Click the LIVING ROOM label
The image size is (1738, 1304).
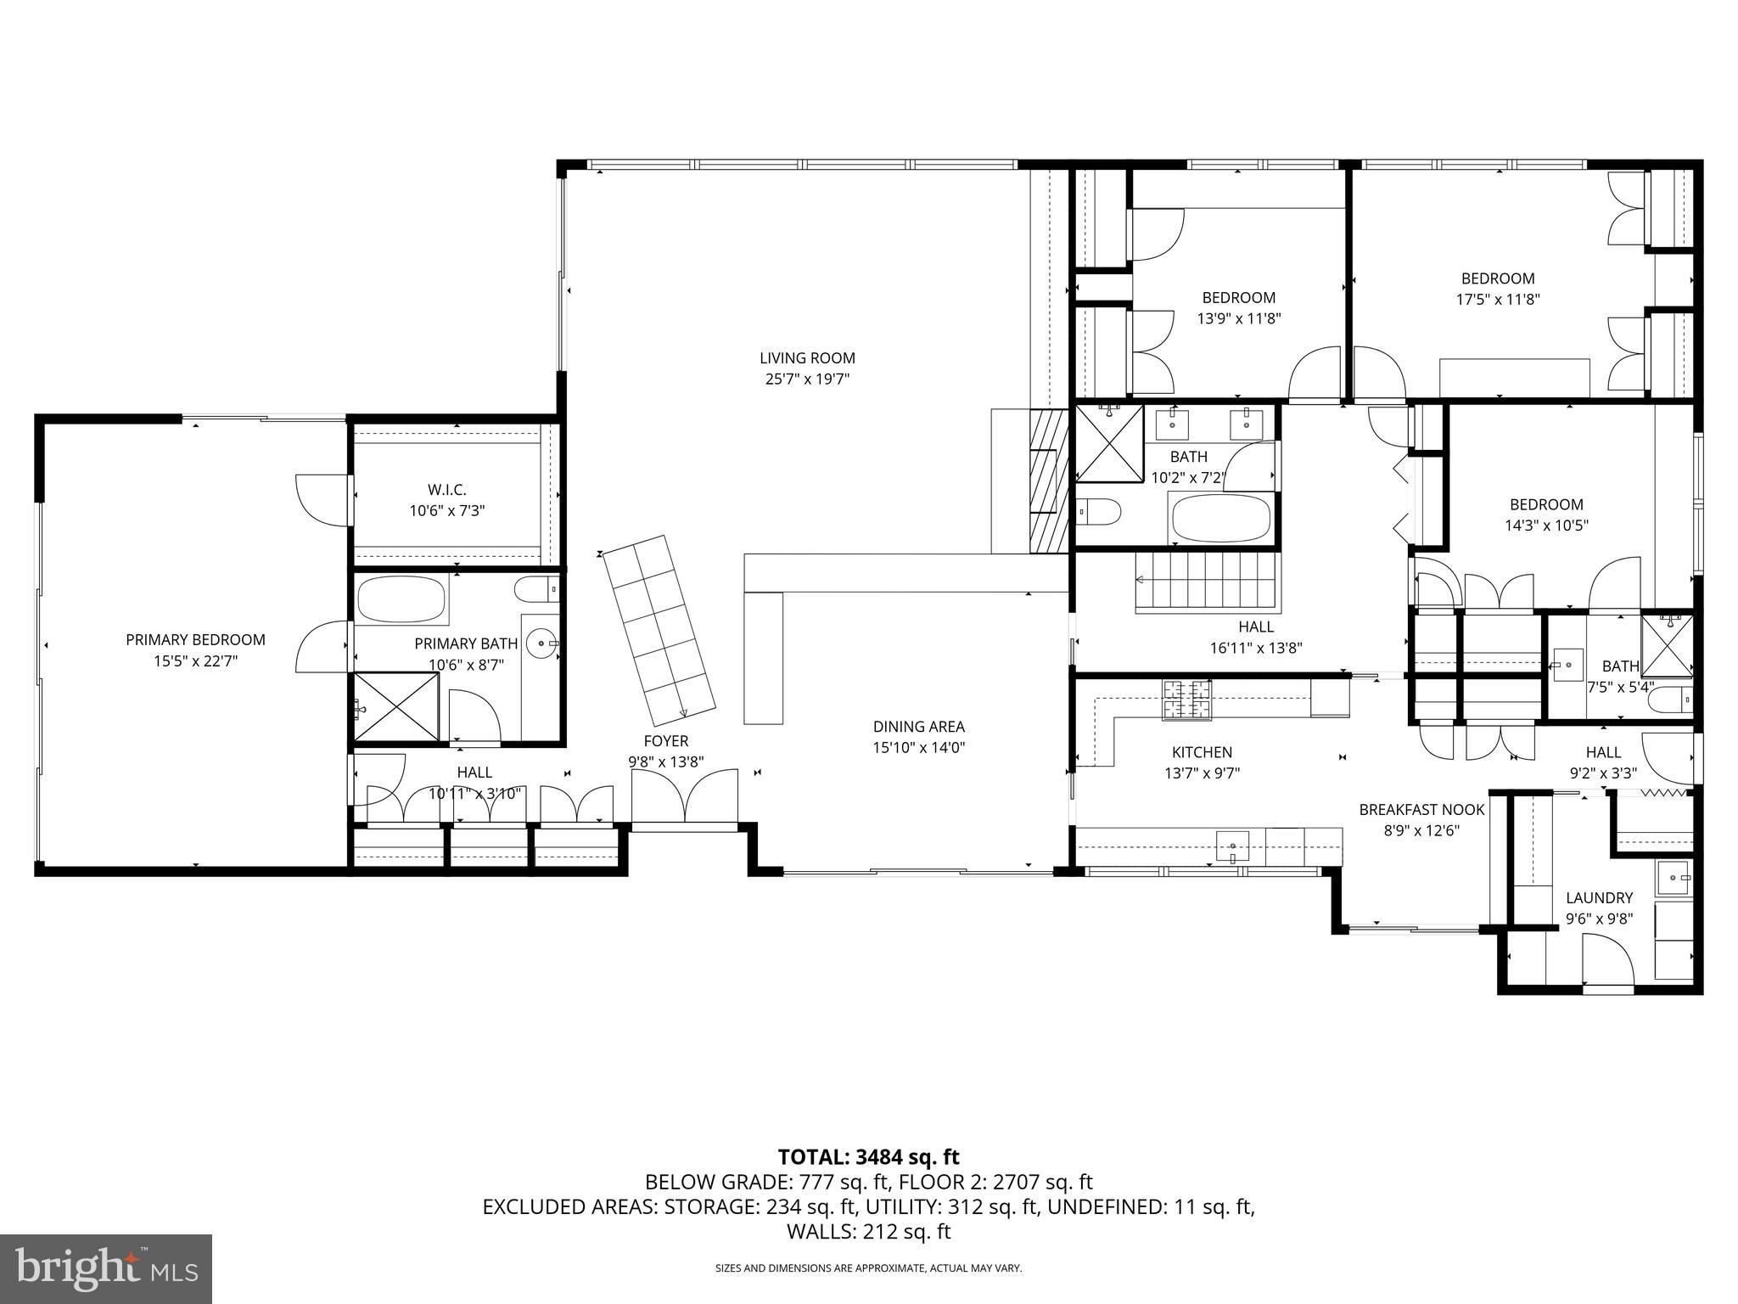pyautogui.click(x=806, y=358)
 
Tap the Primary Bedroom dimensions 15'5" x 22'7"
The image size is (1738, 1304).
pyautogui.click(x=195, y=661)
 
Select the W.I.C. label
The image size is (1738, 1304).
pyautogui.click(x=446, y=490)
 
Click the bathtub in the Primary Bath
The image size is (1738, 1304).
pyautogui.click(x=401, y=599)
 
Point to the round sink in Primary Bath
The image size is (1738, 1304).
pyautogui.click(x=540, y=644)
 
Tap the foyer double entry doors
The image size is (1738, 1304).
pyautogui.click(x=685, y=796)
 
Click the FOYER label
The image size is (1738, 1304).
pyautogui.click(x=665, y=741)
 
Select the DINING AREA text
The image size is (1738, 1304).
pyautogui.click(x=918, y=727)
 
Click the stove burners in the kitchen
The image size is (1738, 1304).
pyautogui.click(x=1186, y=700)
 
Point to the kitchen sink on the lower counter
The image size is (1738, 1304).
pyautogui.click(x=1232, y=846)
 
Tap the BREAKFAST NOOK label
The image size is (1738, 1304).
pyautogui.click(x=1421, y=810)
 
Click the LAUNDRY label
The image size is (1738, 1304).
pyautogui.click(x=1599, y=897)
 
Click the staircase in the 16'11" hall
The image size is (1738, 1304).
pyautogui.click(x=1207, y=582)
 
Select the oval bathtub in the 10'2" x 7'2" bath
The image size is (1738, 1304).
pyautogui.click(x=1221, y=518)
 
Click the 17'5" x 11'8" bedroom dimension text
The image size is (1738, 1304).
pyautogui.click(x=1497, y=300)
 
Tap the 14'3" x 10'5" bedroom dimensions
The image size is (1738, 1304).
pyautogui.click(x=1546, y=526)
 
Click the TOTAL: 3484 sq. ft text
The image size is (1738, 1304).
pyautogui.click(x=868, y=1156)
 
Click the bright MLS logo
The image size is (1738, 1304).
pyautogui.click(x=106, y=1268)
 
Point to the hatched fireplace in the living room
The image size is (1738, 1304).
pyautogui.click(x=1048, y=481)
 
